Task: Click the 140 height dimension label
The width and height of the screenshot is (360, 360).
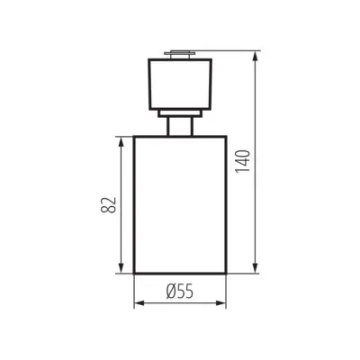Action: click(x=243, y=161)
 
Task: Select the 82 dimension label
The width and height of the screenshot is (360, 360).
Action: click(x=109, y=205)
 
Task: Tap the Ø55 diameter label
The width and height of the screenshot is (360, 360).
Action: click(x=180, y=291)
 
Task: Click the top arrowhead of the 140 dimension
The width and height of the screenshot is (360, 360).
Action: click(x=255, y=57)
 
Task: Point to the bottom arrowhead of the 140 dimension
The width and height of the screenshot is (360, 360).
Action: click(x=255, y=268)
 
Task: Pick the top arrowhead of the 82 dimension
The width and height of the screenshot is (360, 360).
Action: click(x=121, y=142)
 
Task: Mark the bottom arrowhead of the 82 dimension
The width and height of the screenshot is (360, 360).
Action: click(x=121, y=268)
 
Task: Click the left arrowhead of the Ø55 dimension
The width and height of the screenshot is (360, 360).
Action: click(x=139, y=303)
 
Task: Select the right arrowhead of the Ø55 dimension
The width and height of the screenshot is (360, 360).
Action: click(x=220, y=303)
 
